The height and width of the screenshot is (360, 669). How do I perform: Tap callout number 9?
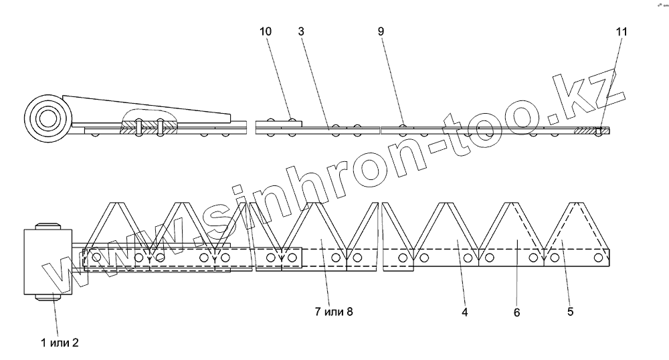coord(381,32)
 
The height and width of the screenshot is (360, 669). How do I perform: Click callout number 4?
coord(464,312)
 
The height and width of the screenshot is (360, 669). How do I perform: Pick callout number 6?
coord(516,312)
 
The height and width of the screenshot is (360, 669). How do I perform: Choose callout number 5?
coord(569,312)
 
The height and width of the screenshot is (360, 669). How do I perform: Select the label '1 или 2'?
coord(59,343)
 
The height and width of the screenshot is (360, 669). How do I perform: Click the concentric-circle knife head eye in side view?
coord(47,119)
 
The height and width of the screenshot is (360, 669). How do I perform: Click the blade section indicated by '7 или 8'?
coord(320,238)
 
